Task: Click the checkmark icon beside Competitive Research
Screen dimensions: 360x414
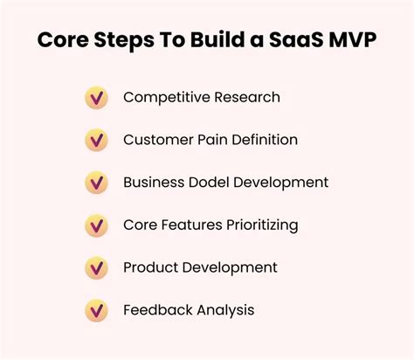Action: coord(96,97)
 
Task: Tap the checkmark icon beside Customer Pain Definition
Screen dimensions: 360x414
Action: coord(96,140)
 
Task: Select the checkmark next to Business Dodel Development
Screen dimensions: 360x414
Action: coord(96,183)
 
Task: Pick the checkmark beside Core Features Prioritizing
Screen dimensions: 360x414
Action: coord(96,225)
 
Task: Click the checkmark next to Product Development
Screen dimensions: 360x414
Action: coord(96,267)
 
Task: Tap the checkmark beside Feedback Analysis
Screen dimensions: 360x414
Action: coord(96,310)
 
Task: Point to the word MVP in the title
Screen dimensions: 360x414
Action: coord(352,42)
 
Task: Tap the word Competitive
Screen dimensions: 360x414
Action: coord(165,97)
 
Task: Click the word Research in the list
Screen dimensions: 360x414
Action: coord(245,97)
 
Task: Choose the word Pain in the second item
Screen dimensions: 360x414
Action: coord(210,140)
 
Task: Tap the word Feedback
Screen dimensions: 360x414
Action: coord(158,310)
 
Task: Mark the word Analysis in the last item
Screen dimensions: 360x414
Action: coord(226,310)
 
